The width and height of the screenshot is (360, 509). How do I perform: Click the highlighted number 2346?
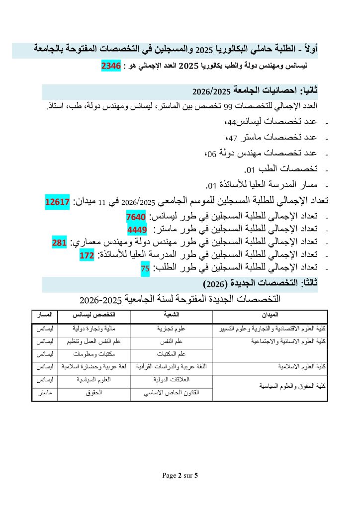click(x=111, y=66)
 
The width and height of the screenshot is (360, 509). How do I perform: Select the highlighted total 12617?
click(x=57, y=202)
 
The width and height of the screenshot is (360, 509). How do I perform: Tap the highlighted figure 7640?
click(x=136, y=217)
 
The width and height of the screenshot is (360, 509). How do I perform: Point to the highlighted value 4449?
click(x=138, y=230)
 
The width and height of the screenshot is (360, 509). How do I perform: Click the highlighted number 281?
click(x=59, y=243)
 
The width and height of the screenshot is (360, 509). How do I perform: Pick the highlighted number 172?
click(x=87, y=255)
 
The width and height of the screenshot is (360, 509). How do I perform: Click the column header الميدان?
click(x=270, y=316)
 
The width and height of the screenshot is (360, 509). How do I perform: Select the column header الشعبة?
click(x=171, y=316)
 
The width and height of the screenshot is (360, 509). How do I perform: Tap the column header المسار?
click(x=45, y=316)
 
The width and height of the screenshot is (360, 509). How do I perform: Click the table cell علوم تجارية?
click(x=171, y=329)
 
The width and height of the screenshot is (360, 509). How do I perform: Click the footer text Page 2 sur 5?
click(x=180, y=476)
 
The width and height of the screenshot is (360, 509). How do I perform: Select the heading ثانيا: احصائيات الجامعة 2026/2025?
click(x=255, y=91)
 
